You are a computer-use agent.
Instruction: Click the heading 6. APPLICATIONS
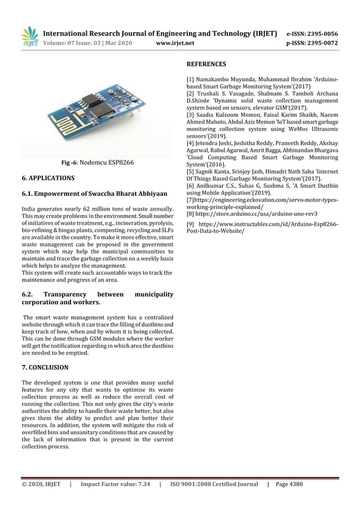coord(47,178)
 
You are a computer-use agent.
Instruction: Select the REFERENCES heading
coord(206,64)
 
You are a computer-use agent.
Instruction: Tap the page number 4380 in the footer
coord(293,484)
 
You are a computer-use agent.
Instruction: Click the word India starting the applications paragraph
coord(28,209)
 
